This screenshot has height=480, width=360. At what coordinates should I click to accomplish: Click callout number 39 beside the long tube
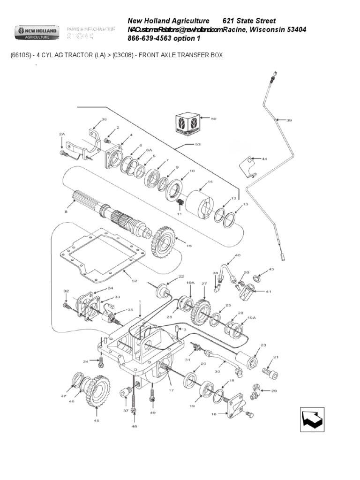[x=289, y=120]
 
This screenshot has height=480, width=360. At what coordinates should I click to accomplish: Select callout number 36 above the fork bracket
[x=104, y=120]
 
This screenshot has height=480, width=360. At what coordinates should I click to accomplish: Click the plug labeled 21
[x=270, y=373]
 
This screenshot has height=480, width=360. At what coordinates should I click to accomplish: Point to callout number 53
[x=198, y=144]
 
